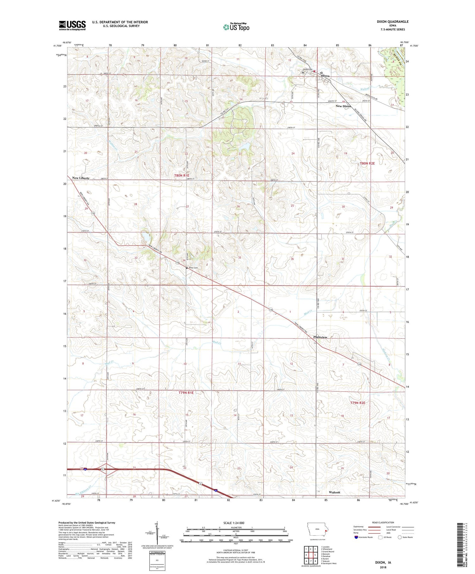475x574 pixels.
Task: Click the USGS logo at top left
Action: click(72, 25)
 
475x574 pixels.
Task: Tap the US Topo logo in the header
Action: click(236, 27)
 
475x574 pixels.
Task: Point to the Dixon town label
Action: click(325, 76)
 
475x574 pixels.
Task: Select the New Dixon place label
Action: click(343, 106)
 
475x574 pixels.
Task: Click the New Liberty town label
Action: click(81, 178)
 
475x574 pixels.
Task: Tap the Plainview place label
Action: click(320, 337)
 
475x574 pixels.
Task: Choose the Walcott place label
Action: click(334, 492)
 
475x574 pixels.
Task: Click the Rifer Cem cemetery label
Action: click(193, 268)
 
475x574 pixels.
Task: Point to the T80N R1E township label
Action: click(181, 175)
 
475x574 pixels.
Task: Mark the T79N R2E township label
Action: click(358, 403)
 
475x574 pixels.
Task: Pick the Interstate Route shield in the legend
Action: click(356, 537)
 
